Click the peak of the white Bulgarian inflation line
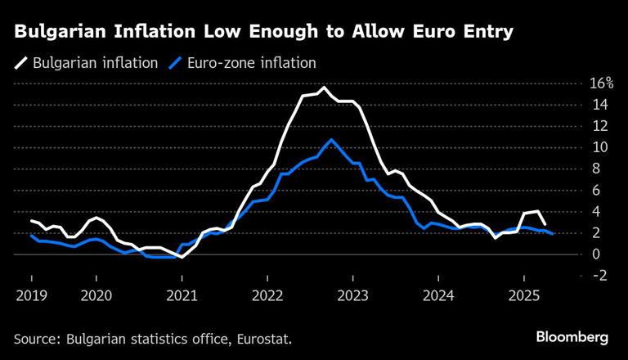click(324, 88)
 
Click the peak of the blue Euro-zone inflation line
click(330, 140)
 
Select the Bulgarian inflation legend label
click(95, 63)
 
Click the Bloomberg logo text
click(572, 337)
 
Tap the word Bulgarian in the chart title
click(58, 33)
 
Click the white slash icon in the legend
click(20, 63)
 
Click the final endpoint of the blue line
click(554, 234)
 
